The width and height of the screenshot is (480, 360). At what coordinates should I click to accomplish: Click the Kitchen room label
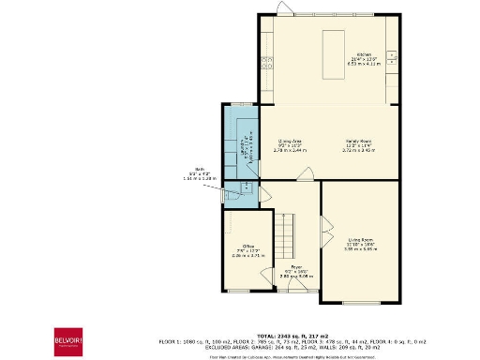pyautogui.click(x=364, y=56)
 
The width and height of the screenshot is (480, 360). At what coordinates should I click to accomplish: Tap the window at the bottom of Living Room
pyautogui.click(x=361, y=302)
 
